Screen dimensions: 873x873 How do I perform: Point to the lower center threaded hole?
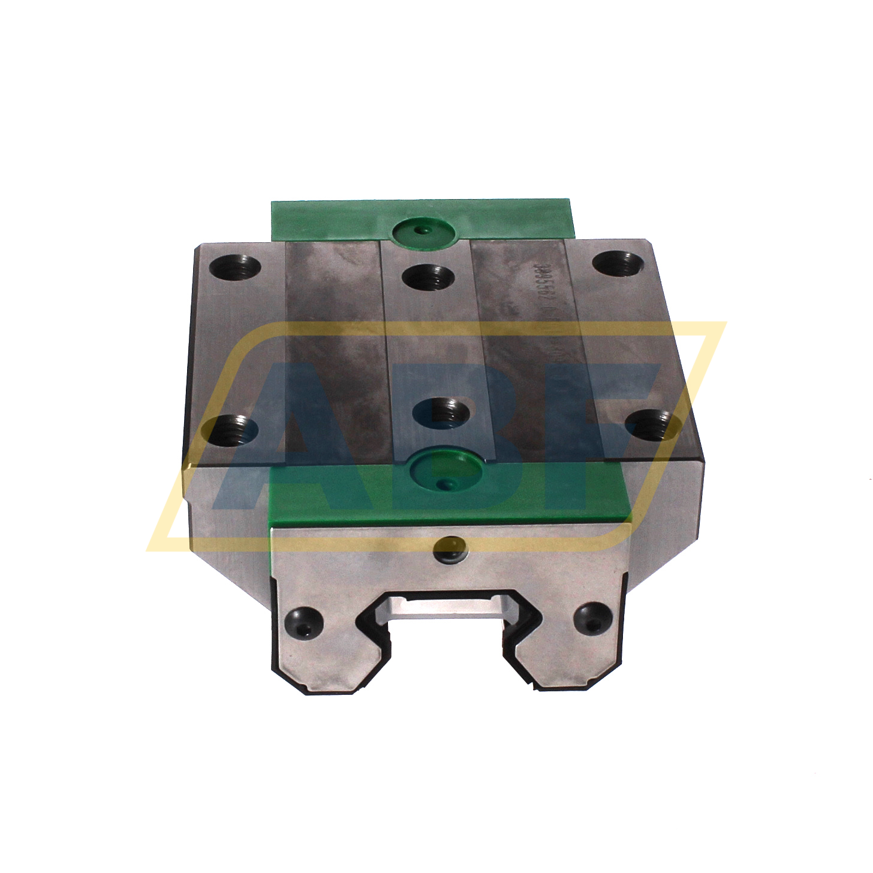coord(442,413)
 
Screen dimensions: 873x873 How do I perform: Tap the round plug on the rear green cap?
coord(423,230)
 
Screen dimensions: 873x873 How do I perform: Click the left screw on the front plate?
coord(304,620)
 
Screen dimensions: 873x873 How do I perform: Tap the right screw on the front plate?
coord(592,619)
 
